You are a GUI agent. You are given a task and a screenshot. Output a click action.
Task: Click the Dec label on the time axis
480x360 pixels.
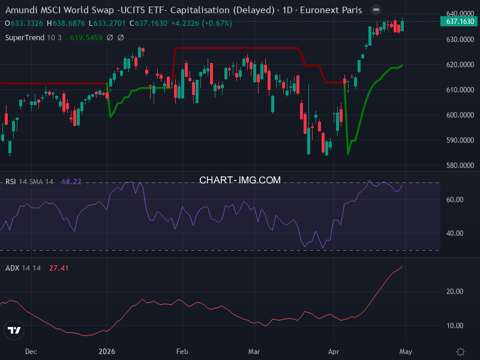tap(31, 352)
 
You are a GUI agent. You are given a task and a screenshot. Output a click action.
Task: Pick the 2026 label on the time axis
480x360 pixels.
tap(106, 352)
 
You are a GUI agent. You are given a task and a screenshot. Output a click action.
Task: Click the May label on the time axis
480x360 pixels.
tap(406, 352)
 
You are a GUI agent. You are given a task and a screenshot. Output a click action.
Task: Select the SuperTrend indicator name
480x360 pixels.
tap(25, 37)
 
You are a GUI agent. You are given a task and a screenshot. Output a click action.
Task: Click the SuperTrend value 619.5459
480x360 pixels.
tap(86, 37)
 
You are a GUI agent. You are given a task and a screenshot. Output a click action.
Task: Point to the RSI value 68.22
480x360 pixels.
tap(71, 182)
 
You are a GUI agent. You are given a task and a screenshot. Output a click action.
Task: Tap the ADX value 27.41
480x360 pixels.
tap(59, 268)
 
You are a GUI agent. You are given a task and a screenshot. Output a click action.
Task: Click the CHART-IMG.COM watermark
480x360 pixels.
tap(240, 180)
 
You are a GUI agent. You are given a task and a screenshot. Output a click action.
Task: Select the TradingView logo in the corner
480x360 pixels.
tap(14, 330)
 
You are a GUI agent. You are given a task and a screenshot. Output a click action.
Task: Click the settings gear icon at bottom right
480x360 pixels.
tap(460, 352)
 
